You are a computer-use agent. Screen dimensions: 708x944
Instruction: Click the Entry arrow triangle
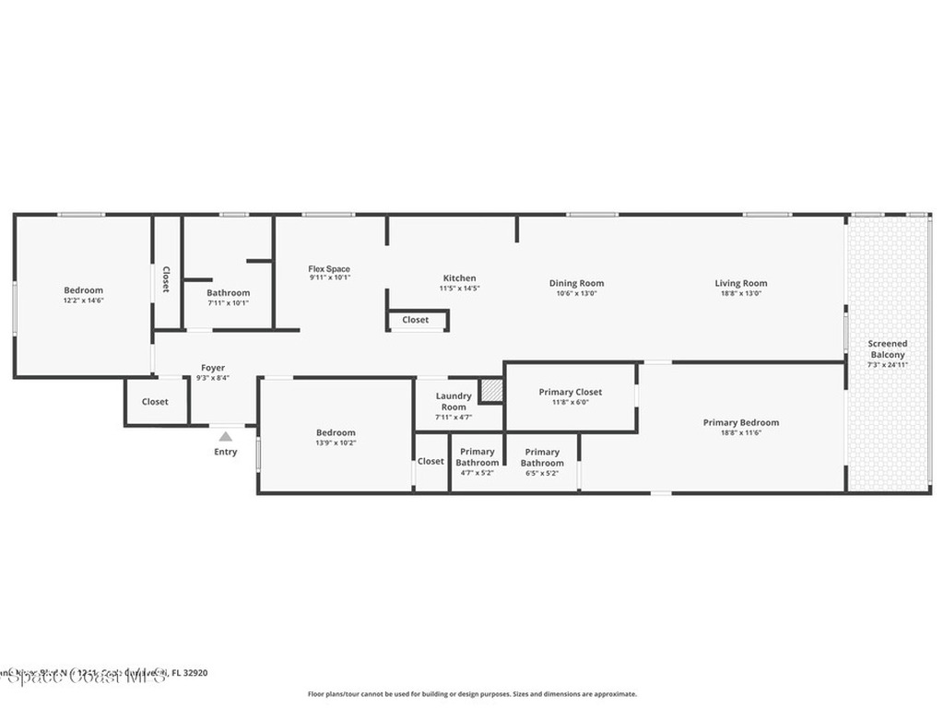click(226, 436)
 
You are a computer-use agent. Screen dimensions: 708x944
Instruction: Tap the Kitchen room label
click(459, 278)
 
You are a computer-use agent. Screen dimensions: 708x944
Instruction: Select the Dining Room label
click(576, 284)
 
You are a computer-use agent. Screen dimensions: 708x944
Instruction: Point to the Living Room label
click(740, 284)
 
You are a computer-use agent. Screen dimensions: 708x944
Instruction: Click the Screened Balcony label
click(887, 349)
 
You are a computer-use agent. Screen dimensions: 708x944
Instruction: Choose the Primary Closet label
click(570, 393)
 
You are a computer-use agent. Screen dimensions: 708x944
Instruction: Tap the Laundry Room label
click(454, 401)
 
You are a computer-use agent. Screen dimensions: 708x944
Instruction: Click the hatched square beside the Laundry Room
click(491, 391)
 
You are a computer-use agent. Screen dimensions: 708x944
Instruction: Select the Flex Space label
click(329, 269)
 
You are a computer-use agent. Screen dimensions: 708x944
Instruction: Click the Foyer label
click(213, 368)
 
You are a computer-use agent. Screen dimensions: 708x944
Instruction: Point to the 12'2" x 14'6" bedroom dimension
click(83, 301)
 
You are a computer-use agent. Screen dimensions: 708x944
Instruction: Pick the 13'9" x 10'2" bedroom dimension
click(336, 442)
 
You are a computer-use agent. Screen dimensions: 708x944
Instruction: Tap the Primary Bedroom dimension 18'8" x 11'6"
click(740, 432)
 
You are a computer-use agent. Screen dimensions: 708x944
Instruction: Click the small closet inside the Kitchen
click(416, 320)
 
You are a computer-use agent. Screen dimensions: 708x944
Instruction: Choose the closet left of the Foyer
click(155, 402)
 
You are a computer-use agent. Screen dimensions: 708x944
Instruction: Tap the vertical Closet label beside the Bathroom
click(166, 279)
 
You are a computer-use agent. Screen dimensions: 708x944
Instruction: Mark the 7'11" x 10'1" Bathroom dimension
click(228, 302)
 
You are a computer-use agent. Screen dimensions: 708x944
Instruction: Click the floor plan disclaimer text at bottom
click(471, 694)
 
